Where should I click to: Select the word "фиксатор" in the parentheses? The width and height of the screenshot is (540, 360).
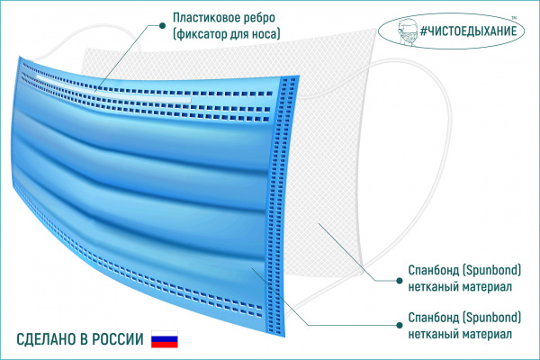point(200,34)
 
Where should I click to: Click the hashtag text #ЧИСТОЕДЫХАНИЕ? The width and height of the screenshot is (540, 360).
point(469,31)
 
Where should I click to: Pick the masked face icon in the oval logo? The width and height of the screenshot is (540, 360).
point(407,32)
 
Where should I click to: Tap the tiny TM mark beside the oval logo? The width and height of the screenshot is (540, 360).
point(514,18)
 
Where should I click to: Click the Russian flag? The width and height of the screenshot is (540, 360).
point(165,339)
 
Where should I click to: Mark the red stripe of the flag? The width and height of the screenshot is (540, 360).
point(165,345)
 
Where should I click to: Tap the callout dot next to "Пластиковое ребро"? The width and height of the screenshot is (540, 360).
point(162,25)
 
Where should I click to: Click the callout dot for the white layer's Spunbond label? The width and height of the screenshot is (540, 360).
point(400,281)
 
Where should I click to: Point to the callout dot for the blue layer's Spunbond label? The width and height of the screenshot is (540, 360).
point(400,325)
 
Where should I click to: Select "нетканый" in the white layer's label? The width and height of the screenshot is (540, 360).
point(433,287)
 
